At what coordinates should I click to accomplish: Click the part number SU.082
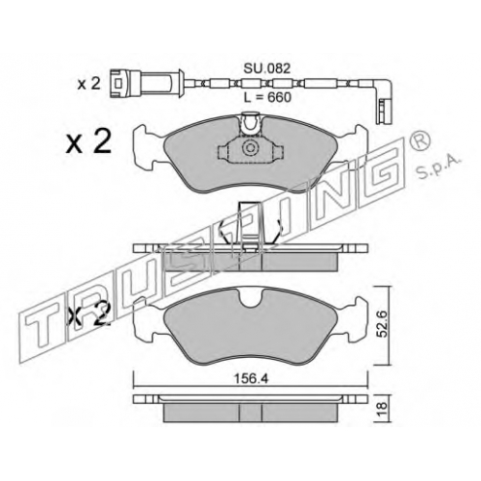pyautogui.click(x=266, y=68)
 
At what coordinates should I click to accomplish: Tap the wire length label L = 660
pyautogui.click(x=267, y=97)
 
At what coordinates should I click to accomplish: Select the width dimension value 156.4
pyautogui.click(x=251, y=379)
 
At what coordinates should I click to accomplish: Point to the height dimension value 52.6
pyautogui.click(x=382, y=324)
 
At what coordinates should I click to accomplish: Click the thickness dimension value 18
pyautogui.click(x=382, y=409)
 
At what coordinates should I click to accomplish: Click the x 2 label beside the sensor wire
pyautogui.click(x=89, y=85)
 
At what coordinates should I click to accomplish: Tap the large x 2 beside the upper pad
pyautogui.click(x=89, y=141)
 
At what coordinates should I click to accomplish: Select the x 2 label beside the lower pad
pyautogui.click(x=89, y=315)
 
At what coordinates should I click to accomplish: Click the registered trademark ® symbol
pyautogui.click(x=420, y=141)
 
